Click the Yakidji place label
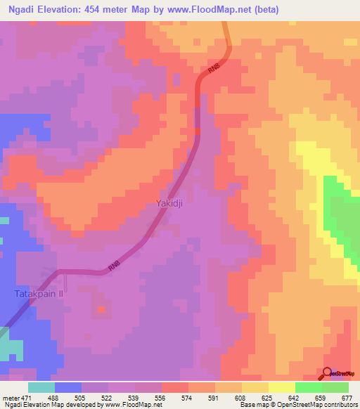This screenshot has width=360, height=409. click(x=170, y=204)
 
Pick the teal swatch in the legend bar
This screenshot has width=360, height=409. click(x=41, y=387)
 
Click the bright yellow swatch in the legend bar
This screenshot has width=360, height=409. click(x=281, y=387)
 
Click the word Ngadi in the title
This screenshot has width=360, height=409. click(x=16, y=10)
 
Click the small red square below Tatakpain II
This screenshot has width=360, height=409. click(x=102, y=308)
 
